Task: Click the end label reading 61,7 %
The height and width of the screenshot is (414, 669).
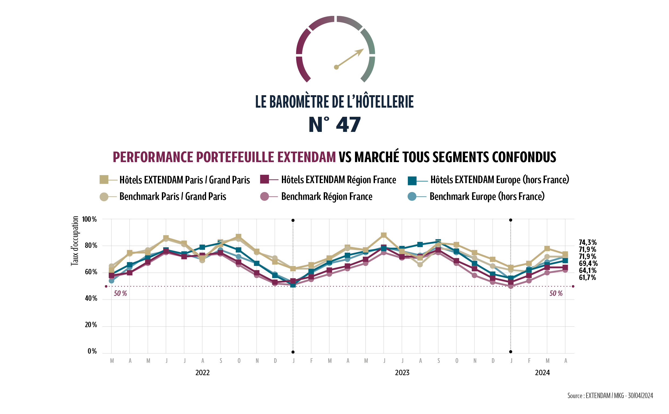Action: pos(587,277)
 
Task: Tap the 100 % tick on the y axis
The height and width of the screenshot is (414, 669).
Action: pos(89,219)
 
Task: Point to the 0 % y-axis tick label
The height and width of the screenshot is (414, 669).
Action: pos(92,351)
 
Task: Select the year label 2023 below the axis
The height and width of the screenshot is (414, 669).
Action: pos(402,373)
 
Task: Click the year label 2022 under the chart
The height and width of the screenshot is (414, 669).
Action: pos(202,373)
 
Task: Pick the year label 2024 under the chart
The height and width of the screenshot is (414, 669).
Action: pos(542,373)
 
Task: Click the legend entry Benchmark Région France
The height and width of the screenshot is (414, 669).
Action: pos(326,197)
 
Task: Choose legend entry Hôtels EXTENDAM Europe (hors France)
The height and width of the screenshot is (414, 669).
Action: pos(500,180)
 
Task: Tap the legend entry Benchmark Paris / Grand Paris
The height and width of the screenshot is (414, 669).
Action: pos(173,197)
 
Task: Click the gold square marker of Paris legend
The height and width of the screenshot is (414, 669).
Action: pos(104,180)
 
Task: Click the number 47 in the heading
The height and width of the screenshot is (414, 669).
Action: pos(348,125)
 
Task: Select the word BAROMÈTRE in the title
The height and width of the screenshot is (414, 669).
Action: pos(299,102)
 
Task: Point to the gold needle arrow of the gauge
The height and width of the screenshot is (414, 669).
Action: pos(350,58)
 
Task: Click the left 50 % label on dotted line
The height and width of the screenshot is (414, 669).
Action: pos(120,293)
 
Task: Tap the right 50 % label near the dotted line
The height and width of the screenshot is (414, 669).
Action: pos(556,293)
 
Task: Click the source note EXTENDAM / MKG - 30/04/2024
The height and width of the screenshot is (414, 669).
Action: pos(610,396)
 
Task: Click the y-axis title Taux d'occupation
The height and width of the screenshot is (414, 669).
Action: pos(75,241)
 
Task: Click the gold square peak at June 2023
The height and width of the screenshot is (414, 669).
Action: pos(384,235)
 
